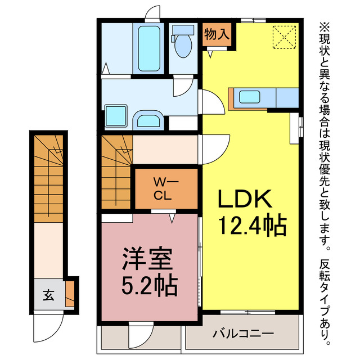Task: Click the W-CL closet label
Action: coord(165,188)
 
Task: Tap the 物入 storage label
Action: coord(216,33)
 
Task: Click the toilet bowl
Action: coord(182,44)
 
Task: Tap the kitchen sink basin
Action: coord(250,97)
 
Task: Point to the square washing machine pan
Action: coord(116,116)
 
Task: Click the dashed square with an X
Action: coord(284,37)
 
